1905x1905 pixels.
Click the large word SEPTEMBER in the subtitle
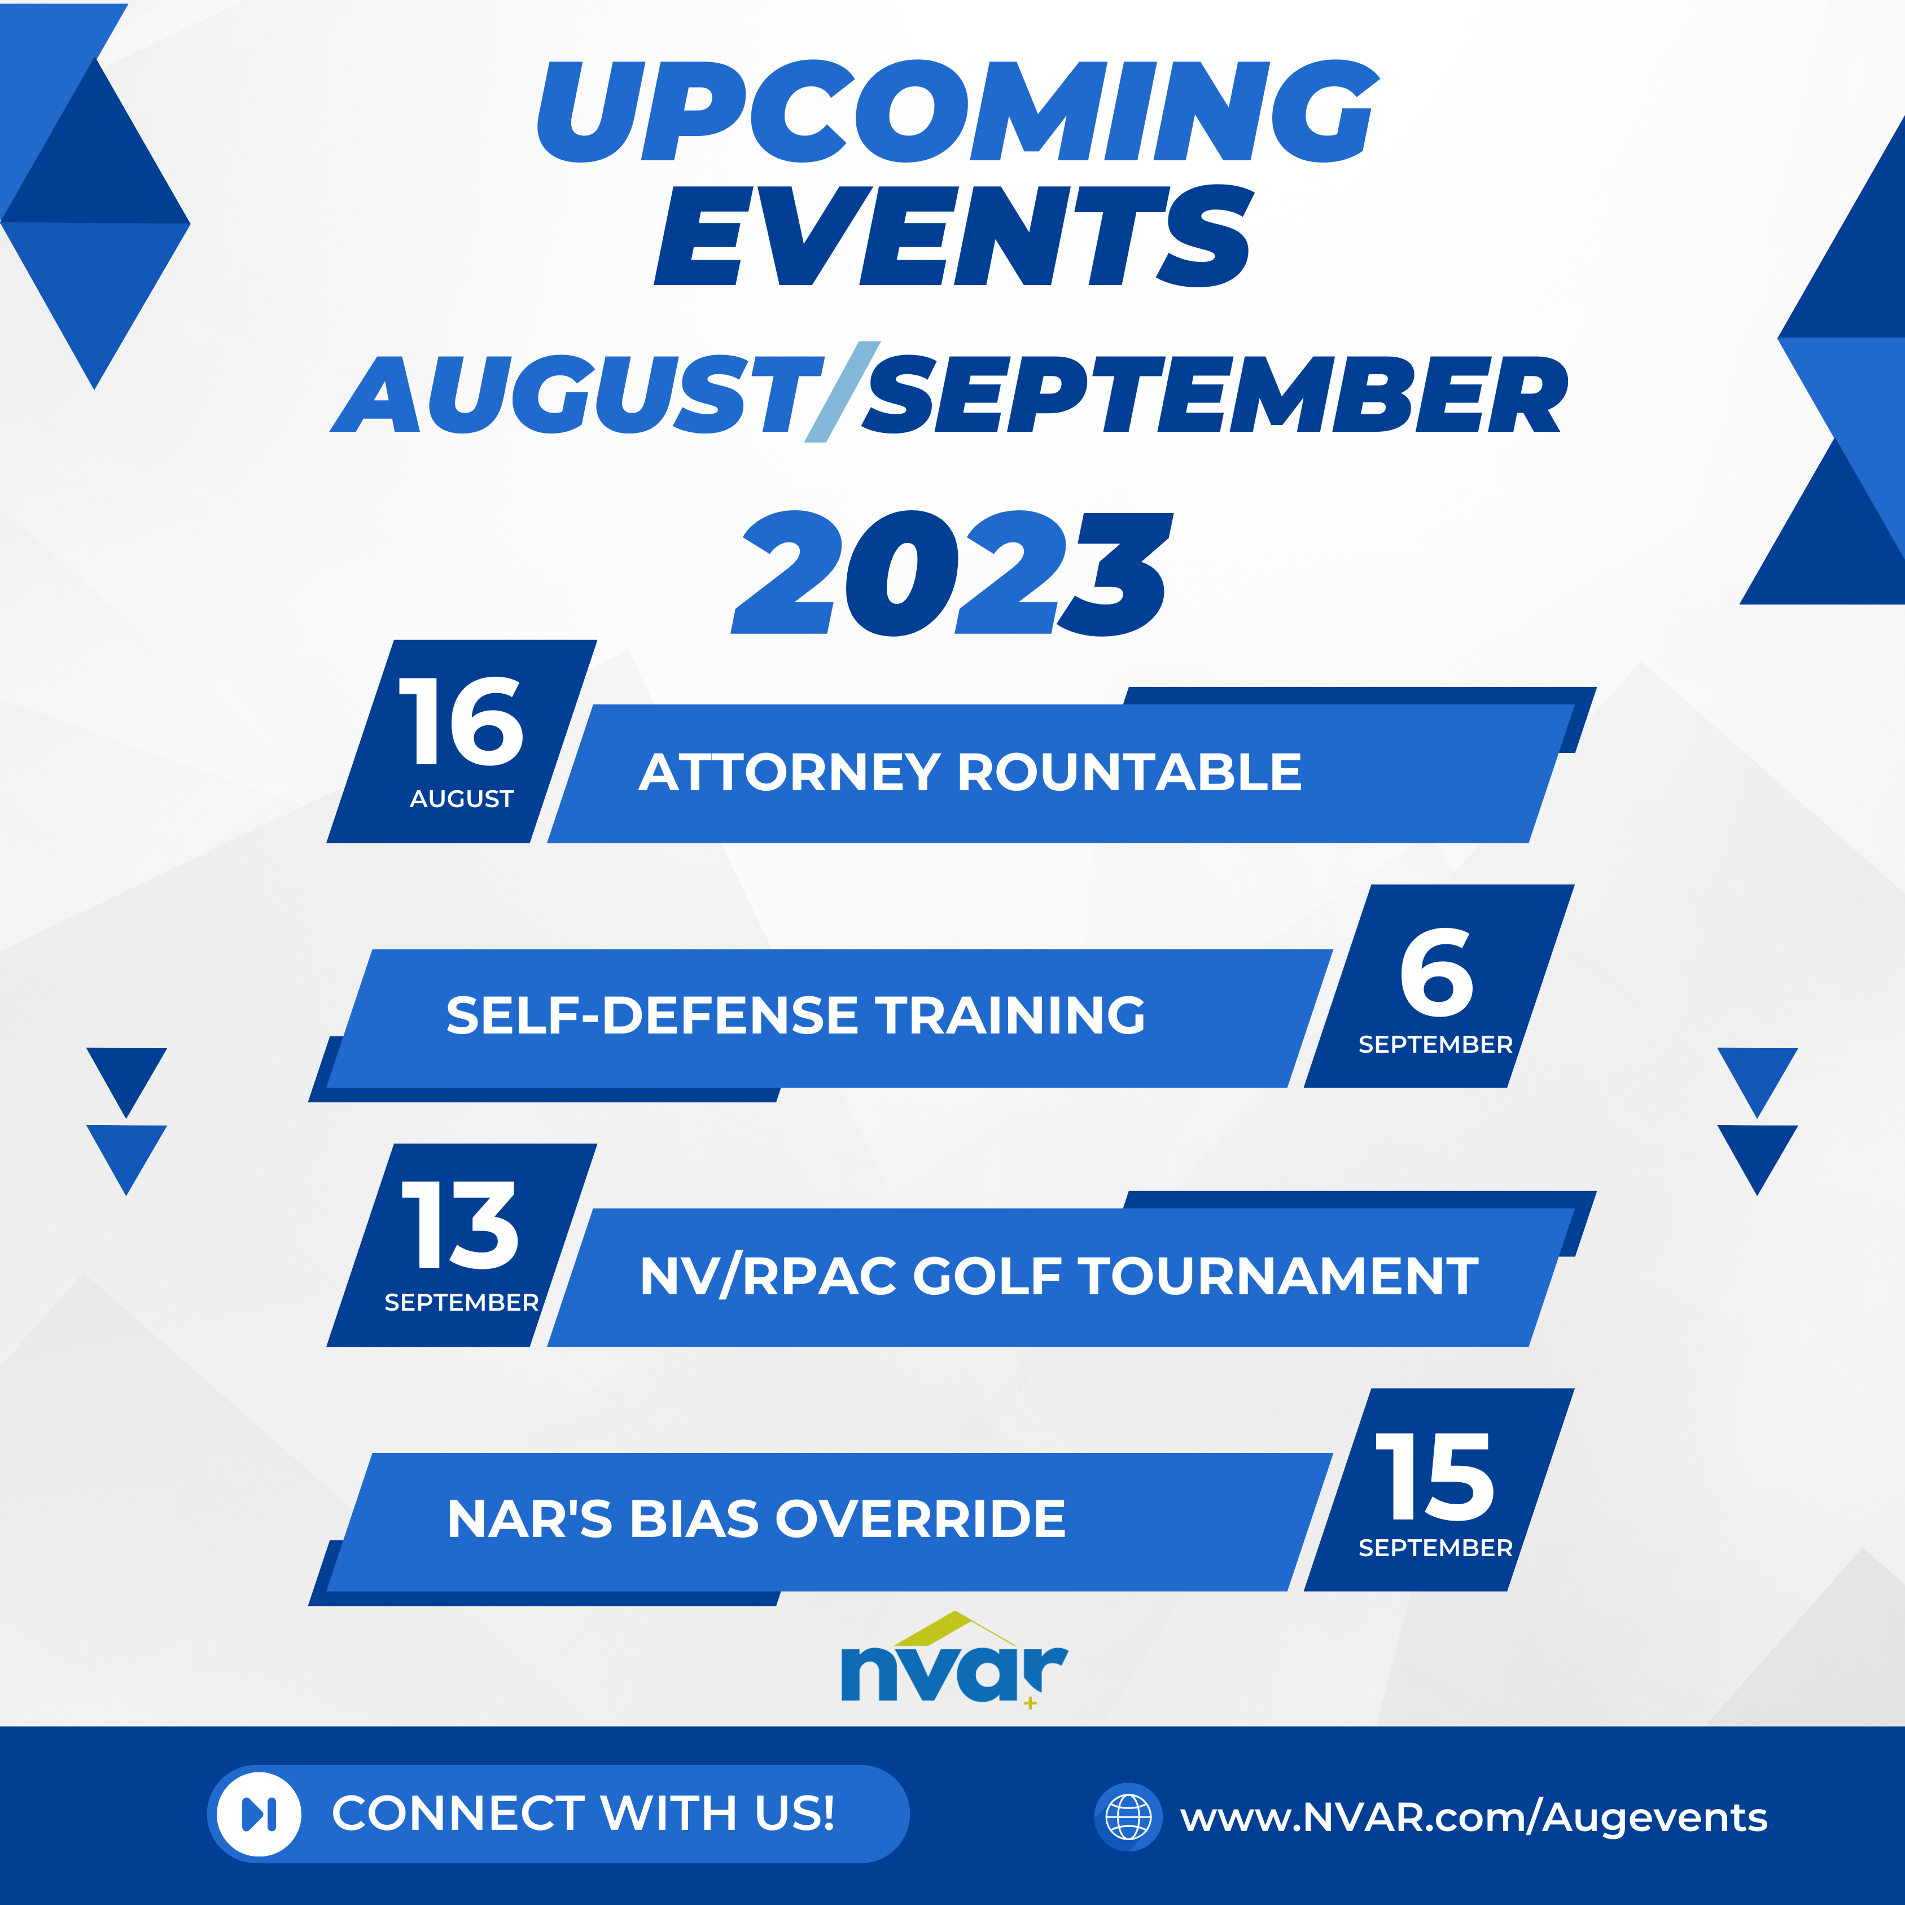pyautogui.click(x=1215, y=395)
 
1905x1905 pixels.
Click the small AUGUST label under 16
pyautogui.click(x=462, y=799)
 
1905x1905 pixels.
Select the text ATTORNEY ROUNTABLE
pyautogui.click(x=970, y=772)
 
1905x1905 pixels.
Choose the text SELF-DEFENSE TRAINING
pyautogui.click(x=796, y=1015)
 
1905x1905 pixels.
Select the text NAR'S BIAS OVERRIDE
pyautogui.click(x=756, y=1518)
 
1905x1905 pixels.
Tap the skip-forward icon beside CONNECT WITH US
pyautogui.click(x=259, y=1814)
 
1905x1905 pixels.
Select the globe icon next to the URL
pyautogui.click(x=1128, y=1816)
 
